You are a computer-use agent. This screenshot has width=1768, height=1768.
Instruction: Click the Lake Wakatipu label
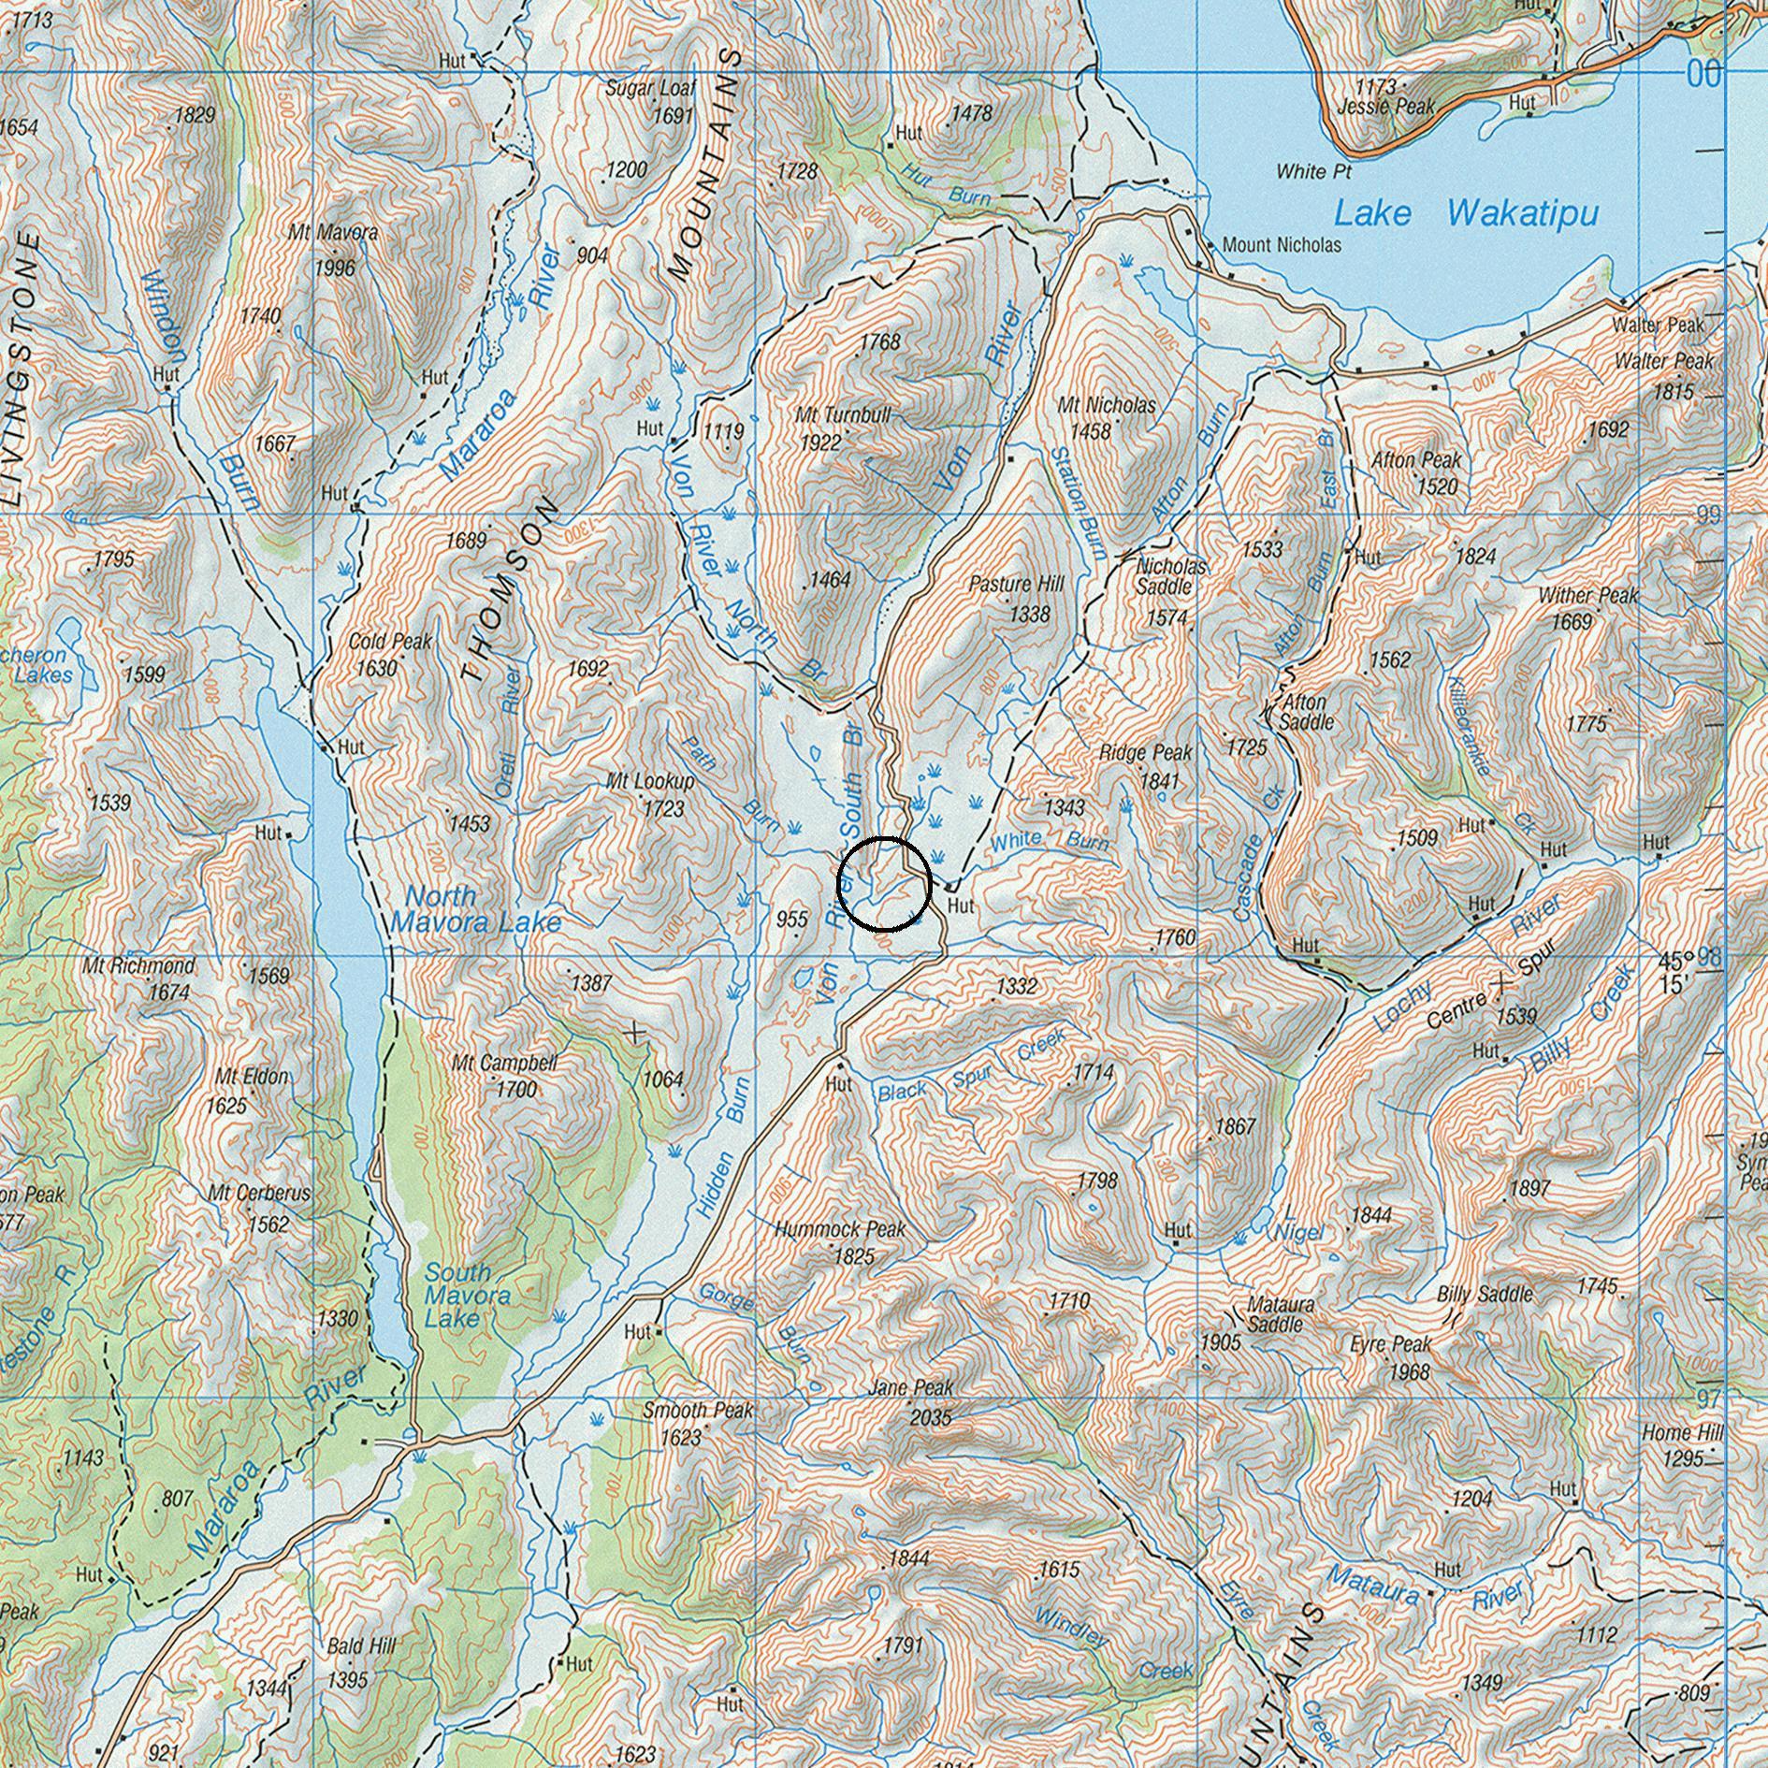pyautogui.click(x=1465, y=214)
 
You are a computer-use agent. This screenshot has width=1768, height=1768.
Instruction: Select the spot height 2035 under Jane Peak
pyautogui.click(x=931, y=1417)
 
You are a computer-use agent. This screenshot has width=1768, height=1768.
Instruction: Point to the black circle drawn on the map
pyautogui.click(x=883, y=885)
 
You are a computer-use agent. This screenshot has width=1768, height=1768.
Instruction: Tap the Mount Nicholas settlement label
pyautogui.click(x=1281, y=245)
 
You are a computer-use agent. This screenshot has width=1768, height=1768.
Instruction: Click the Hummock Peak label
pyautogui.click(x=839, y=1228)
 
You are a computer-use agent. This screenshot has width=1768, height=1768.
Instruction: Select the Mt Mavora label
pyautogui.click(x=333, y=232)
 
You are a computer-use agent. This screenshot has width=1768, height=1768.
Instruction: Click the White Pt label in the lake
pyautogui.click(x=1313, y=171)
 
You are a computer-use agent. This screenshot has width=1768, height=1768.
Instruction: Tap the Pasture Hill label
pyautogui.click(x=1016, y=585)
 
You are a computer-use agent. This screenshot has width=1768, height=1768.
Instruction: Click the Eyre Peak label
pyautogui.click(x=1390, y=1344)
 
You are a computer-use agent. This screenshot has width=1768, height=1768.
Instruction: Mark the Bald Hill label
pyautogui.click(x=361, y=1645)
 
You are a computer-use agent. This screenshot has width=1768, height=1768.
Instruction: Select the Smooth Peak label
pyautogui.click(x=697, y=1410)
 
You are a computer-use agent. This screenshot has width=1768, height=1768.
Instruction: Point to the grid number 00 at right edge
pyautogui.click(x=1703, y=74)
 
